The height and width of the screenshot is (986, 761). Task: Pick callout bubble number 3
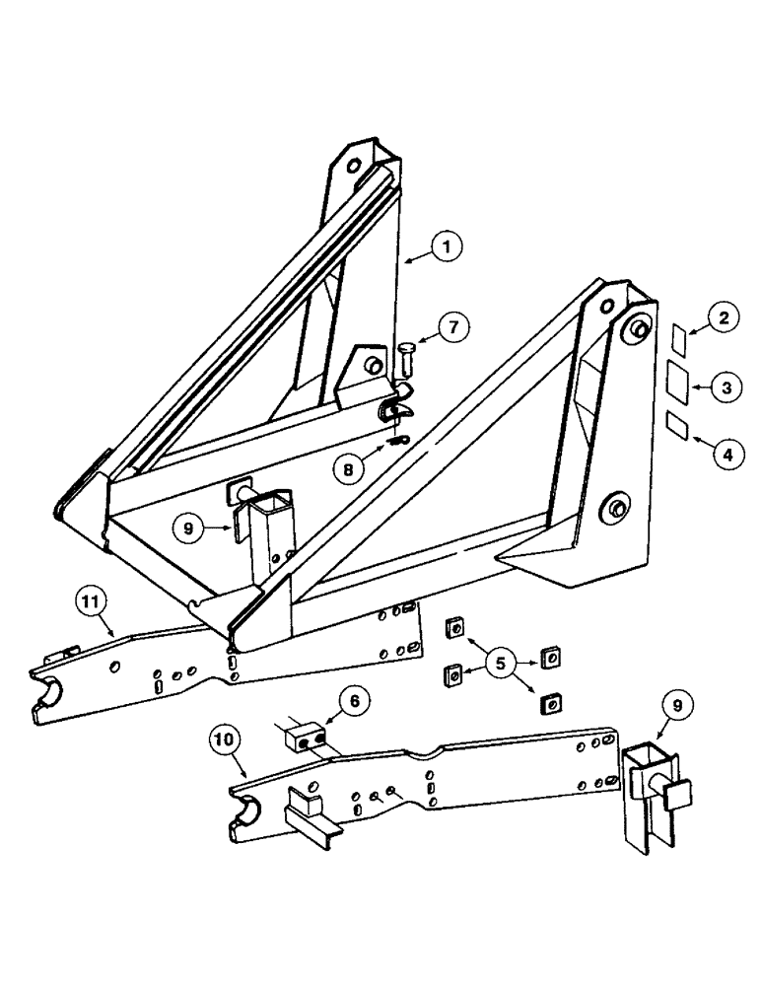[726, 387]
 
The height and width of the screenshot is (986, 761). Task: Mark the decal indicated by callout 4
[677, 426]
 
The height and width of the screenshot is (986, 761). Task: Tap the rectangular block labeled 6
[306, 736]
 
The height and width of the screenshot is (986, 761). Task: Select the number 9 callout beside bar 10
[681, 706]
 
